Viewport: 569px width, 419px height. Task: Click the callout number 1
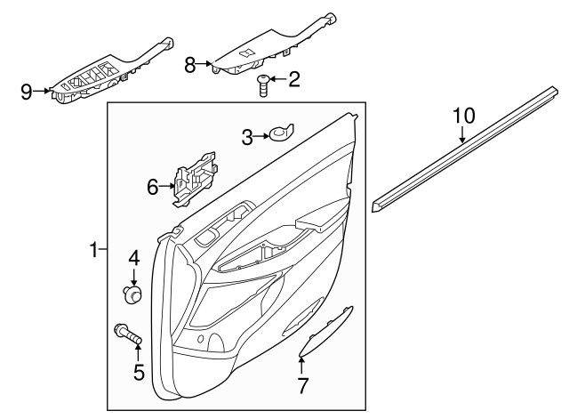[93, 252]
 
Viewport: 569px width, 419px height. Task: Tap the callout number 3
[248, 136]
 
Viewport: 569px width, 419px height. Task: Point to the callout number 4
[134, 259]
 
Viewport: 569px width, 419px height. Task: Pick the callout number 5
[139, 370]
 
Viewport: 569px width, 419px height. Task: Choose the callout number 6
[152, 187]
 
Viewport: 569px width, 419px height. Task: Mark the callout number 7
[302, 386]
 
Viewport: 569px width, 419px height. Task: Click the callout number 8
[189, 64]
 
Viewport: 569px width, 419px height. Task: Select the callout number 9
[27, 90]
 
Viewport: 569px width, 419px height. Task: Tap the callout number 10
[464, 115]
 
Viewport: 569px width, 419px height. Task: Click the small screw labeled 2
[264, 85]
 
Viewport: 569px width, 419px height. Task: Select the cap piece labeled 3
[283, 134]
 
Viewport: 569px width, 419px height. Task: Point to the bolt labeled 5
[130, 336]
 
